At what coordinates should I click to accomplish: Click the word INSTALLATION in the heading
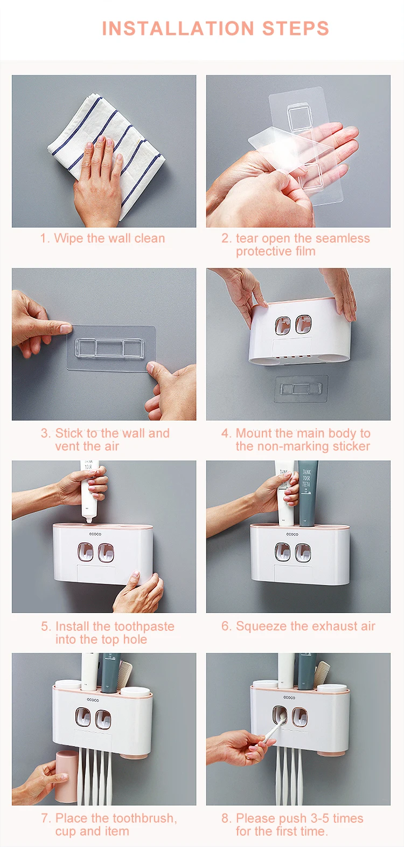click(x=178, y=29)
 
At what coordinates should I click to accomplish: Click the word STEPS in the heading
click(x=296, y=29)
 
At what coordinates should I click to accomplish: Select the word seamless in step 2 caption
click(x=343, y=238)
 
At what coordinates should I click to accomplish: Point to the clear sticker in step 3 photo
click(x=112, y=348)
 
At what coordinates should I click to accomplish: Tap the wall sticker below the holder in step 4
click(x=301, y=389)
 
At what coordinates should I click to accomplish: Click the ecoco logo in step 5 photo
click(x=95, y=534)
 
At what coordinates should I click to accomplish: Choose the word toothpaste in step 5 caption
click(x=144, y=626)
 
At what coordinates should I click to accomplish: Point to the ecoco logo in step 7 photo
click(x=93, y=700)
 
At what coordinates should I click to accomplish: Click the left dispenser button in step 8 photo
click(x=280, y=715)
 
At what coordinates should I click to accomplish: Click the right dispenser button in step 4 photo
click(x=303, y=325)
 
